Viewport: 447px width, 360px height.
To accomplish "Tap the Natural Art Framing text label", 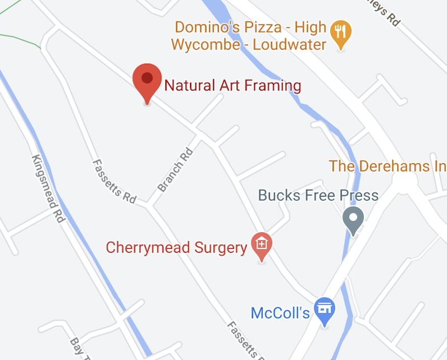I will coord(232,85).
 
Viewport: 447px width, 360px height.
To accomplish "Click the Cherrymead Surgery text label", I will coord(177,247).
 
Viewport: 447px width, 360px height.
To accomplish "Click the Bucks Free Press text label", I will coord(318,195).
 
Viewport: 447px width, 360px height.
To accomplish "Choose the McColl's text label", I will coord(280,313).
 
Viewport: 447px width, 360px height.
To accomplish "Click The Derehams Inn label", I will coord(387,166).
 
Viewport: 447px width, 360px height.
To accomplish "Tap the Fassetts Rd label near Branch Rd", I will coord(114,181).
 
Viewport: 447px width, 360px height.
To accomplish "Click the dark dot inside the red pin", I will coord(147,78).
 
